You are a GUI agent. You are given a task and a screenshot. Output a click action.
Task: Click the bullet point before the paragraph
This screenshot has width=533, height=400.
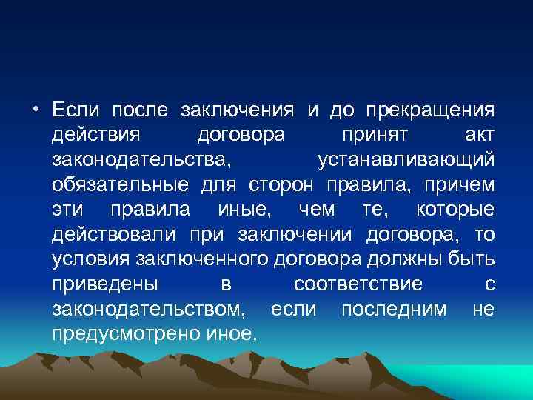(x=36, y=112)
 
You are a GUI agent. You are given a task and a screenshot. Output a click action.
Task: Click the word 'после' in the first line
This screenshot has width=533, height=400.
(x=139, y=111)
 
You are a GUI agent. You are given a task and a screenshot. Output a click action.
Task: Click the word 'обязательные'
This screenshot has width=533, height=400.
(x=119, y=185)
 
